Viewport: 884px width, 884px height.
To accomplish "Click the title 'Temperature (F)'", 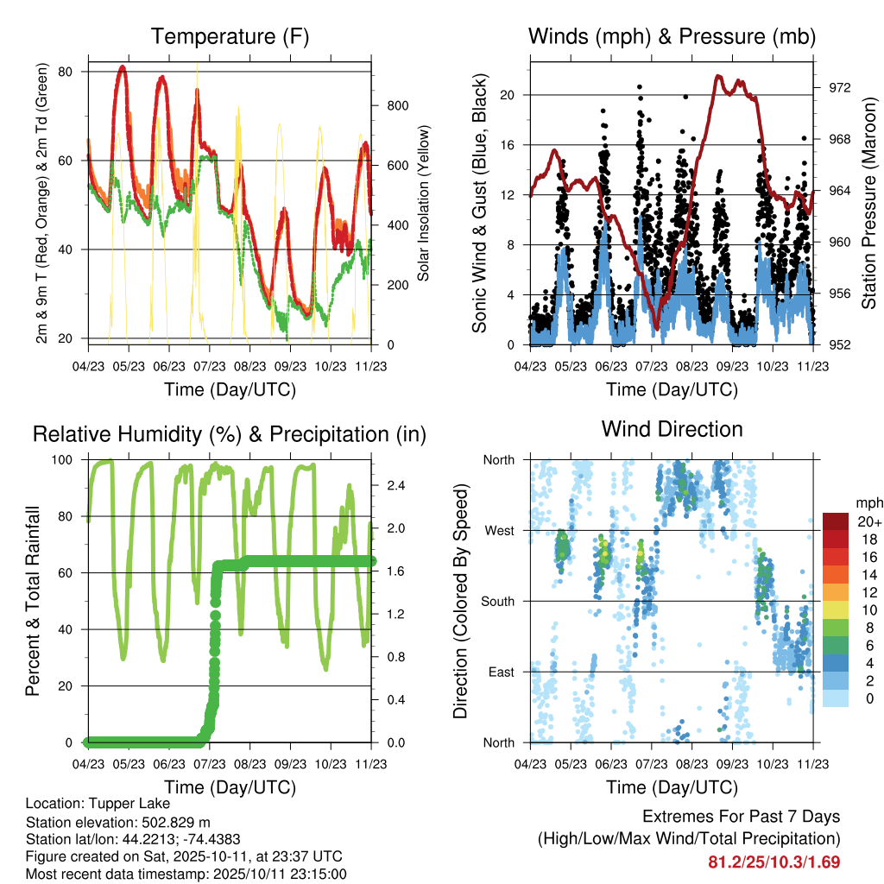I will pyautogui.click(x=230, y=36).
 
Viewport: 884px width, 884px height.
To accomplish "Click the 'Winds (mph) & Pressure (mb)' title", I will pyautogui.click(x=672, y=36).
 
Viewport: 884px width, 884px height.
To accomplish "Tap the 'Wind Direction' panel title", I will pyautogui.click(x=672, y=429).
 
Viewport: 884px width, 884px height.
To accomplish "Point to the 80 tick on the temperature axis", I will pyautogui.click(x=73, y=72).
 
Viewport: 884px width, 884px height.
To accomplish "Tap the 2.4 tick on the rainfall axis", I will pyautogui.click(x=395, y=486).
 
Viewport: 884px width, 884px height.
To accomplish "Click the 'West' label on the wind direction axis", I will pyautogui.click(x=499, y=530).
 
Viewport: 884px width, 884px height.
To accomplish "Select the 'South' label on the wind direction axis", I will pyautogui.click(x=497, y=601).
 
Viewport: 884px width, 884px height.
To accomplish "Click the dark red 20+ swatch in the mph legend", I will pyautogui.click(x=835, y=521).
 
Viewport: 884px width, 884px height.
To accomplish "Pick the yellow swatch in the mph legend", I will pyautogui.click(x=835, y=610).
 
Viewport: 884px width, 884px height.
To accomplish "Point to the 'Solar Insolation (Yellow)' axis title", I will pyautogui.click(x=424, y=204).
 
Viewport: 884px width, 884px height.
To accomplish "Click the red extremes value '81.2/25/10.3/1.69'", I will pyautogui.click(x=773, y=862).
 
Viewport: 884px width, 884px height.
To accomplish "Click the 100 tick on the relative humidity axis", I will pyautogui.click(x=70, y=459).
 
